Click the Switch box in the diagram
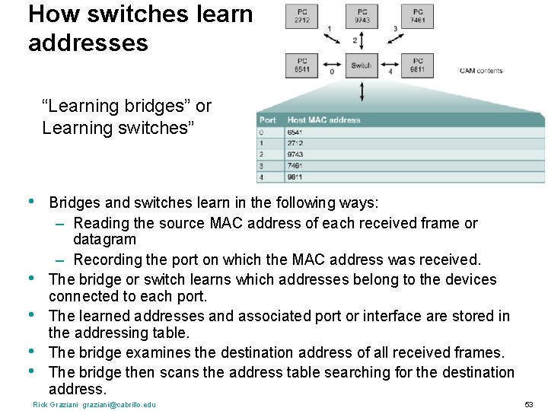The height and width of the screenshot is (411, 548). click(x=361, y=65)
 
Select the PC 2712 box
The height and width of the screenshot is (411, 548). click(x=302, y=16)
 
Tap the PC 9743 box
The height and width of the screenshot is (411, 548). click(x=361, y=16)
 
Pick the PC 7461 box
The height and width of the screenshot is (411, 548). click(x=418, y=16)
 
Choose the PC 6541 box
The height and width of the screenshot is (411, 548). click(x=302, y=65)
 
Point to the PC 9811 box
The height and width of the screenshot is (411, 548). click(x=418, y=65)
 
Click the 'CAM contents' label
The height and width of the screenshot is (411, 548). click(x=480, y=71)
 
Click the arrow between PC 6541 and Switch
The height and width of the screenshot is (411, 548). click(x=331, y=65)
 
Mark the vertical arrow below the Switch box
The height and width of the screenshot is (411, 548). click(x=361, y=91)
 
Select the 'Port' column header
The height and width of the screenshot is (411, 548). click(x=268, y=119)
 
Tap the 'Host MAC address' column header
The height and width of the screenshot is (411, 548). click(x=323, y=119)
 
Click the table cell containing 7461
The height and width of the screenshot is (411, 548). click(x=295, y=165)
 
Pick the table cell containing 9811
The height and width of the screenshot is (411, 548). click(x=295, y=177)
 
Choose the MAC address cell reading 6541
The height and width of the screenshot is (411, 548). click(x=295, y=131)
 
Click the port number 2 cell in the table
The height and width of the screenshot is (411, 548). click(x=263, y=154)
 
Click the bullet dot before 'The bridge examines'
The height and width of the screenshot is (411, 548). click(x=31, y=351)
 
